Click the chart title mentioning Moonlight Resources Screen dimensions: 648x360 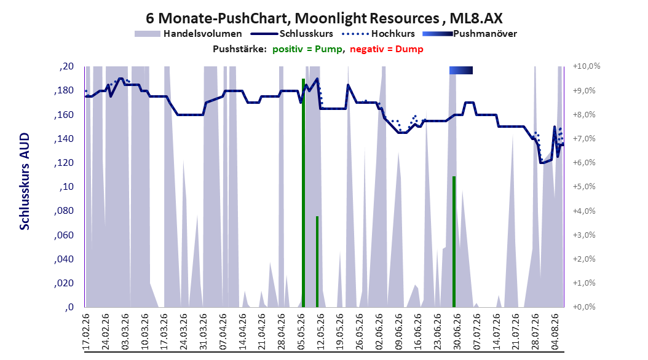tap(324, 18)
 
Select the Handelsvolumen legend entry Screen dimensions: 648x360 tap(188, 34)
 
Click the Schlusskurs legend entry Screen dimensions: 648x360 tap(291, 34)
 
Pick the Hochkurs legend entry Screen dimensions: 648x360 tap(378, 34)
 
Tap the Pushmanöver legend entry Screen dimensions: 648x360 tap(470, 34)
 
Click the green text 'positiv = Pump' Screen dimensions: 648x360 tap(307, 49)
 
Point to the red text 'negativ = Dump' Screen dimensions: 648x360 tap(387, 49)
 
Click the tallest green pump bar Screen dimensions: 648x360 tap(303, 193)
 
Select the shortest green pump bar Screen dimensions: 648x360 tap(317, 262)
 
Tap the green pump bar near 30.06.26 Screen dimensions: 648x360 tap(454, 241)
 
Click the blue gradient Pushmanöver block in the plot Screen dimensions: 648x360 tap(460, 70)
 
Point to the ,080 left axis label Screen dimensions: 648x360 tap(64, 211)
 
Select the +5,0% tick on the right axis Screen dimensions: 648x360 tap(584, 187)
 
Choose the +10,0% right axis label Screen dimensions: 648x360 tap(587, 66)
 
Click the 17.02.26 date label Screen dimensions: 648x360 tap(86, 332)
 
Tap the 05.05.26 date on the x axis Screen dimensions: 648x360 tap(302, 332)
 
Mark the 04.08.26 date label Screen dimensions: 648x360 tap(555, 332)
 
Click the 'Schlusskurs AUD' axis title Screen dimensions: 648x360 tap(25, 181)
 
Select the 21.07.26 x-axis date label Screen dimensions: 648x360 tap(516, 332)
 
